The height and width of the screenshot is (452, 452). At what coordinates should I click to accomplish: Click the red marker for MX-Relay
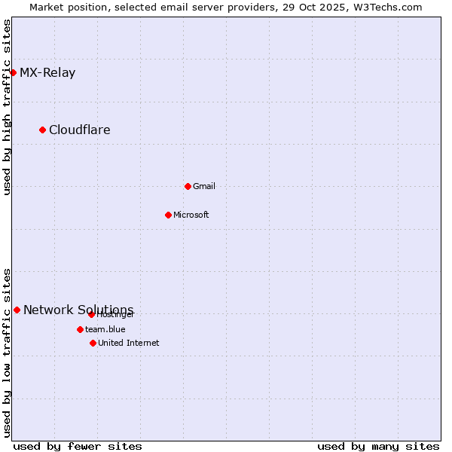[13, 72]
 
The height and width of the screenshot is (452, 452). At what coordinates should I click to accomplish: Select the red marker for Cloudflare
[42, 130]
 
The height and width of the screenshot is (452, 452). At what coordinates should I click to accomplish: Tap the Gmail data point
[188, 186]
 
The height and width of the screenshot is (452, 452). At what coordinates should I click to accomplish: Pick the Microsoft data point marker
[168, 215]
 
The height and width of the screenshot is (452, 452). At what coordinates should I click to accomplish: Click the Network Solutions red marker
[17, 310]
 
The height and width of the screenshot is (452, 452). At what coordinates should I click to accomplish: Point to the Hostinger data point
[91, 314]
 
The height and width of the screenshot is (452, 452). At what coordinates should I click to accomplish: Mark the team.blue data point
[80, 329]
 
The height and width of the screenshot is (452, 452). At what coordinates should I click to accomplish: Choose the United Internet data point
[93, 343]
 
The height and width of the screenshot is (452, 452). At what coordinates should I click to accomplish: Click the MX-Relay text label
[47, 73]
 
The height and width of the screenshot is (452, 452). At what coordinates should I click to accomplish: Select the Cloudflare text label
[80, 130]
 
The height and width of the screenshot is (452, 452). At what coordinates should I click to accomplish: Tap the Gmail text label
[204, 187]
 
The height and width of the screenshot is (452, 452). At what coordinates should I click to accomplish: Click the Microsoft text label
[191, 215]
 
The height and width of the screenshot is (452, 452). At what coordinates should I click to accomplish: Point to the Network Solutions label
[78, 310]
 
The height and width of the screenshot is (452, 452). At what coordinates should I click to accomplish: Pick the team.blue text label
[105, 330]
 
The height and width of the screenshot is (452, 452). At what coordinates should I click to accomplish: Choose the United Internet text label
[129, 344]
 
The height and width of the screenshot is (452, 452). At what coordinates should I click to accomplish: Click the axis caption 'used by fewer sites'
[78, 446]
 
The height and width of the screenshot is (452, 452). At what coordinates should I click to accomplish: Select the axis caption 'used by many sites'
[378, 446]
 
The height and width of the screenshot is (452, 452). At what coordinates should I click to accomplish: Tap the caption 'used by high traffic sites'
[8, 107]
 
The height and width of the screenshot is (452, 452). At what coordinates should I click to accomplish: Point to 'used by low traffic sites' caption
[8, 353]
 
